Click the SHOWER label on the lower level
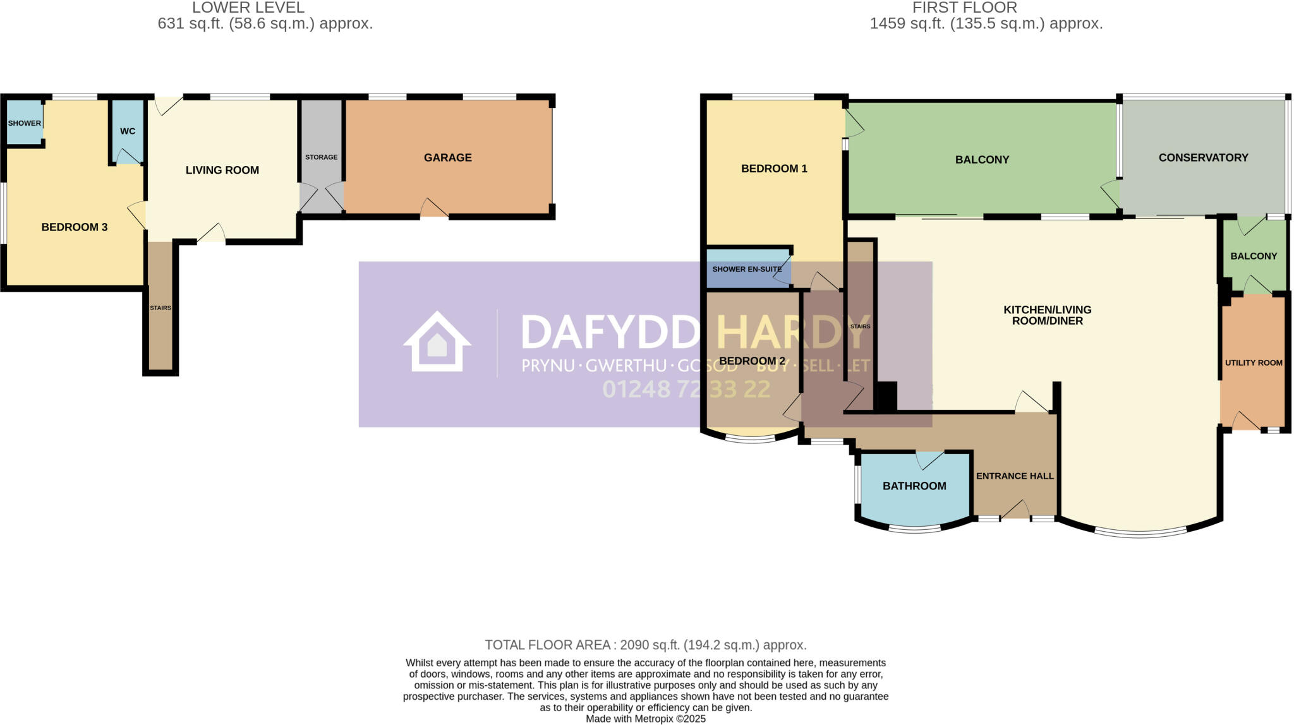[25, 123]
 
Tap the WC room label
[128, 131]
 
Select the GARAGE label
[447, 158]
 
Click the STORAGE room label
[321, 157]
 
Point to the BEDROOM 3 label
[75, 227]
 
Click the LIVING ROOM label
[222, 171]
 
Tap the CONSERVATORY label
[1203, 158]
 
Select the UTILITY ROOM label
[1254, 363]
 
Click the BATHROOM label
[914, 486]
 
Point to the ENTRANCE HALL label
[1015, 476]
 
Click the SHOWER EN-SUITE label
[747, 270]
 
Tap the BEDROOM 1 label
[774, 169]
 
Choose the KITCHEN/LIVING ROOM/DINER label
[1047, 315]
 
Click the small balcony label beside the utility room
[1254, 256]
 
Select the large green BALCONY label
[982, 160]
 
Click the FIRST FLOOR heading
[964, 8]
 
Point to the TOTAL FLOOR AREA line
[646, 645]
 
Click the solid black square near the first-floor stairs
[888, 397]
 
